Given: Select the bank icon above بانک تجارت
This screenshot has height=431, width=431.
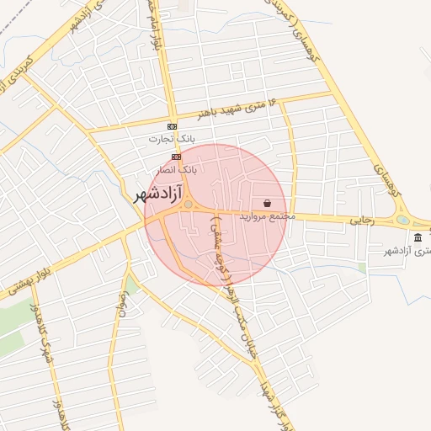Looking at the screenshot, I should point(173,127).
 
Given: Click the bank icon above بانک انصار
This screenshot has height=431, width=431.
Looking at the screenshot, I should point(176,157).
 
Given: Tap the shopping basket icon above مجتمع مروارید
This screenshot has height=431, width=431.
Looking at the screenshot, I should point(267,203).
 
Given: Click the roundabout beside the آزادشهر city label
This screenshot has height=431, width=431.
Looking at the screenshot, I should point(189,205).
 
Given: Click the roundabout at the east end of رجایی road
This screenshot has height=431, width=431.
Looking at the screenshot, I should point(403,221).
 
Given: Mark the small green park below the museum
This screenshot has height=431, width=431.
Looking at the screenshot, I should point(362,269).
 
